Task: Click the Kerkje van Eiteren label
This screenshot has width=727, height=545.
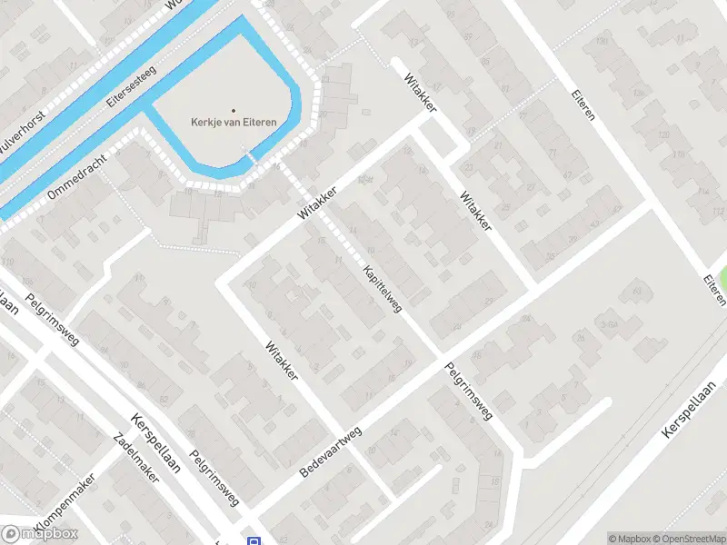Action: coord(234,124)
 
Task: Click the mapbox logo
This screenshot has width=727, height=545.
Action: coord(40,534)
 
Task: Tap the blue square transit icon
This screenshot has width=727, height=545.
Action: coord(254,540)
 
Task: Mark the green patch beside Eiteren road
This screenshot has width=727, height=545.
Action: coord(722,281)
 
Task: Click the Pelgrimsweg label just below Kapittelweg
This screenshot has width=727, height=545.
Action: coord(469,391)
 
